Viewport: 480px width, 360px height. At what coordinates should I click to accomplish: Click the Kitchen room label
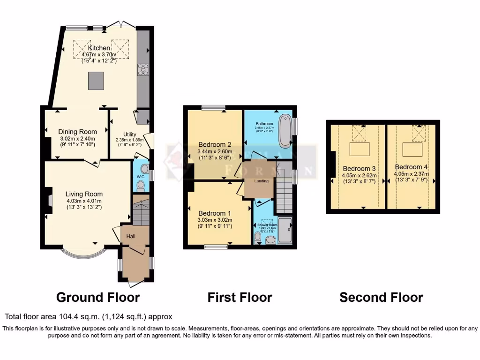[99, 48]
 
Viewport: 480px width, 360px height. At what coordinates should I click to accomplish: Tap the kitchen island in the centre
[97, 80]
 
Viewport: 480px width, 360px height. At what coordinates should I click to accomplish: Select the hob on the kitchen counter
[143, 69]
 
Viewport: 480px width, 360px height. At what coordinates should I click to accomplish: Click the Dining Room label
[77, 132]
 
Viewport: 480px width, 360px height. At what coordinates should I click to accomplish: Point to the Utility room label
[129, 134]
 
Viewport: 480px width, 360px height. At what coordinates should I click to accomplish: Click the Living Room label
[84, 194]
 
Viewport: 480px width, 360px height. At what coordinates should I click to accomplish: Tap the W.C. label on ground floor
[139, 177]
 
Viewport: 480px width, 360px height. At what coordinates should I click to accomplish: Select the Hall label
[131, 236]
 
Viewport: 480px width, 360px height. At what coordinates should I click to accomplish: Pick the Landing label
[261, 181]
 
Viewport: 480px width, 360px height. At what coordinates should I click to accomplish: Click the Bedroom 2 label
[213, 144]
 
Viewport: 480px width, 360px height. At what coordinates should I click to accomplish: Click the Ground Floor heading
[97, 297]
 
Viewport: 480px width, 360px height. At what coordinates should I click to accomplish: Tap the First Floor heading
[240, 297]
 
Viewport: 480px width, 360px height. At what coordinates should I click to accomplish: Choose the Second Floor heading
[381, 297]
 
